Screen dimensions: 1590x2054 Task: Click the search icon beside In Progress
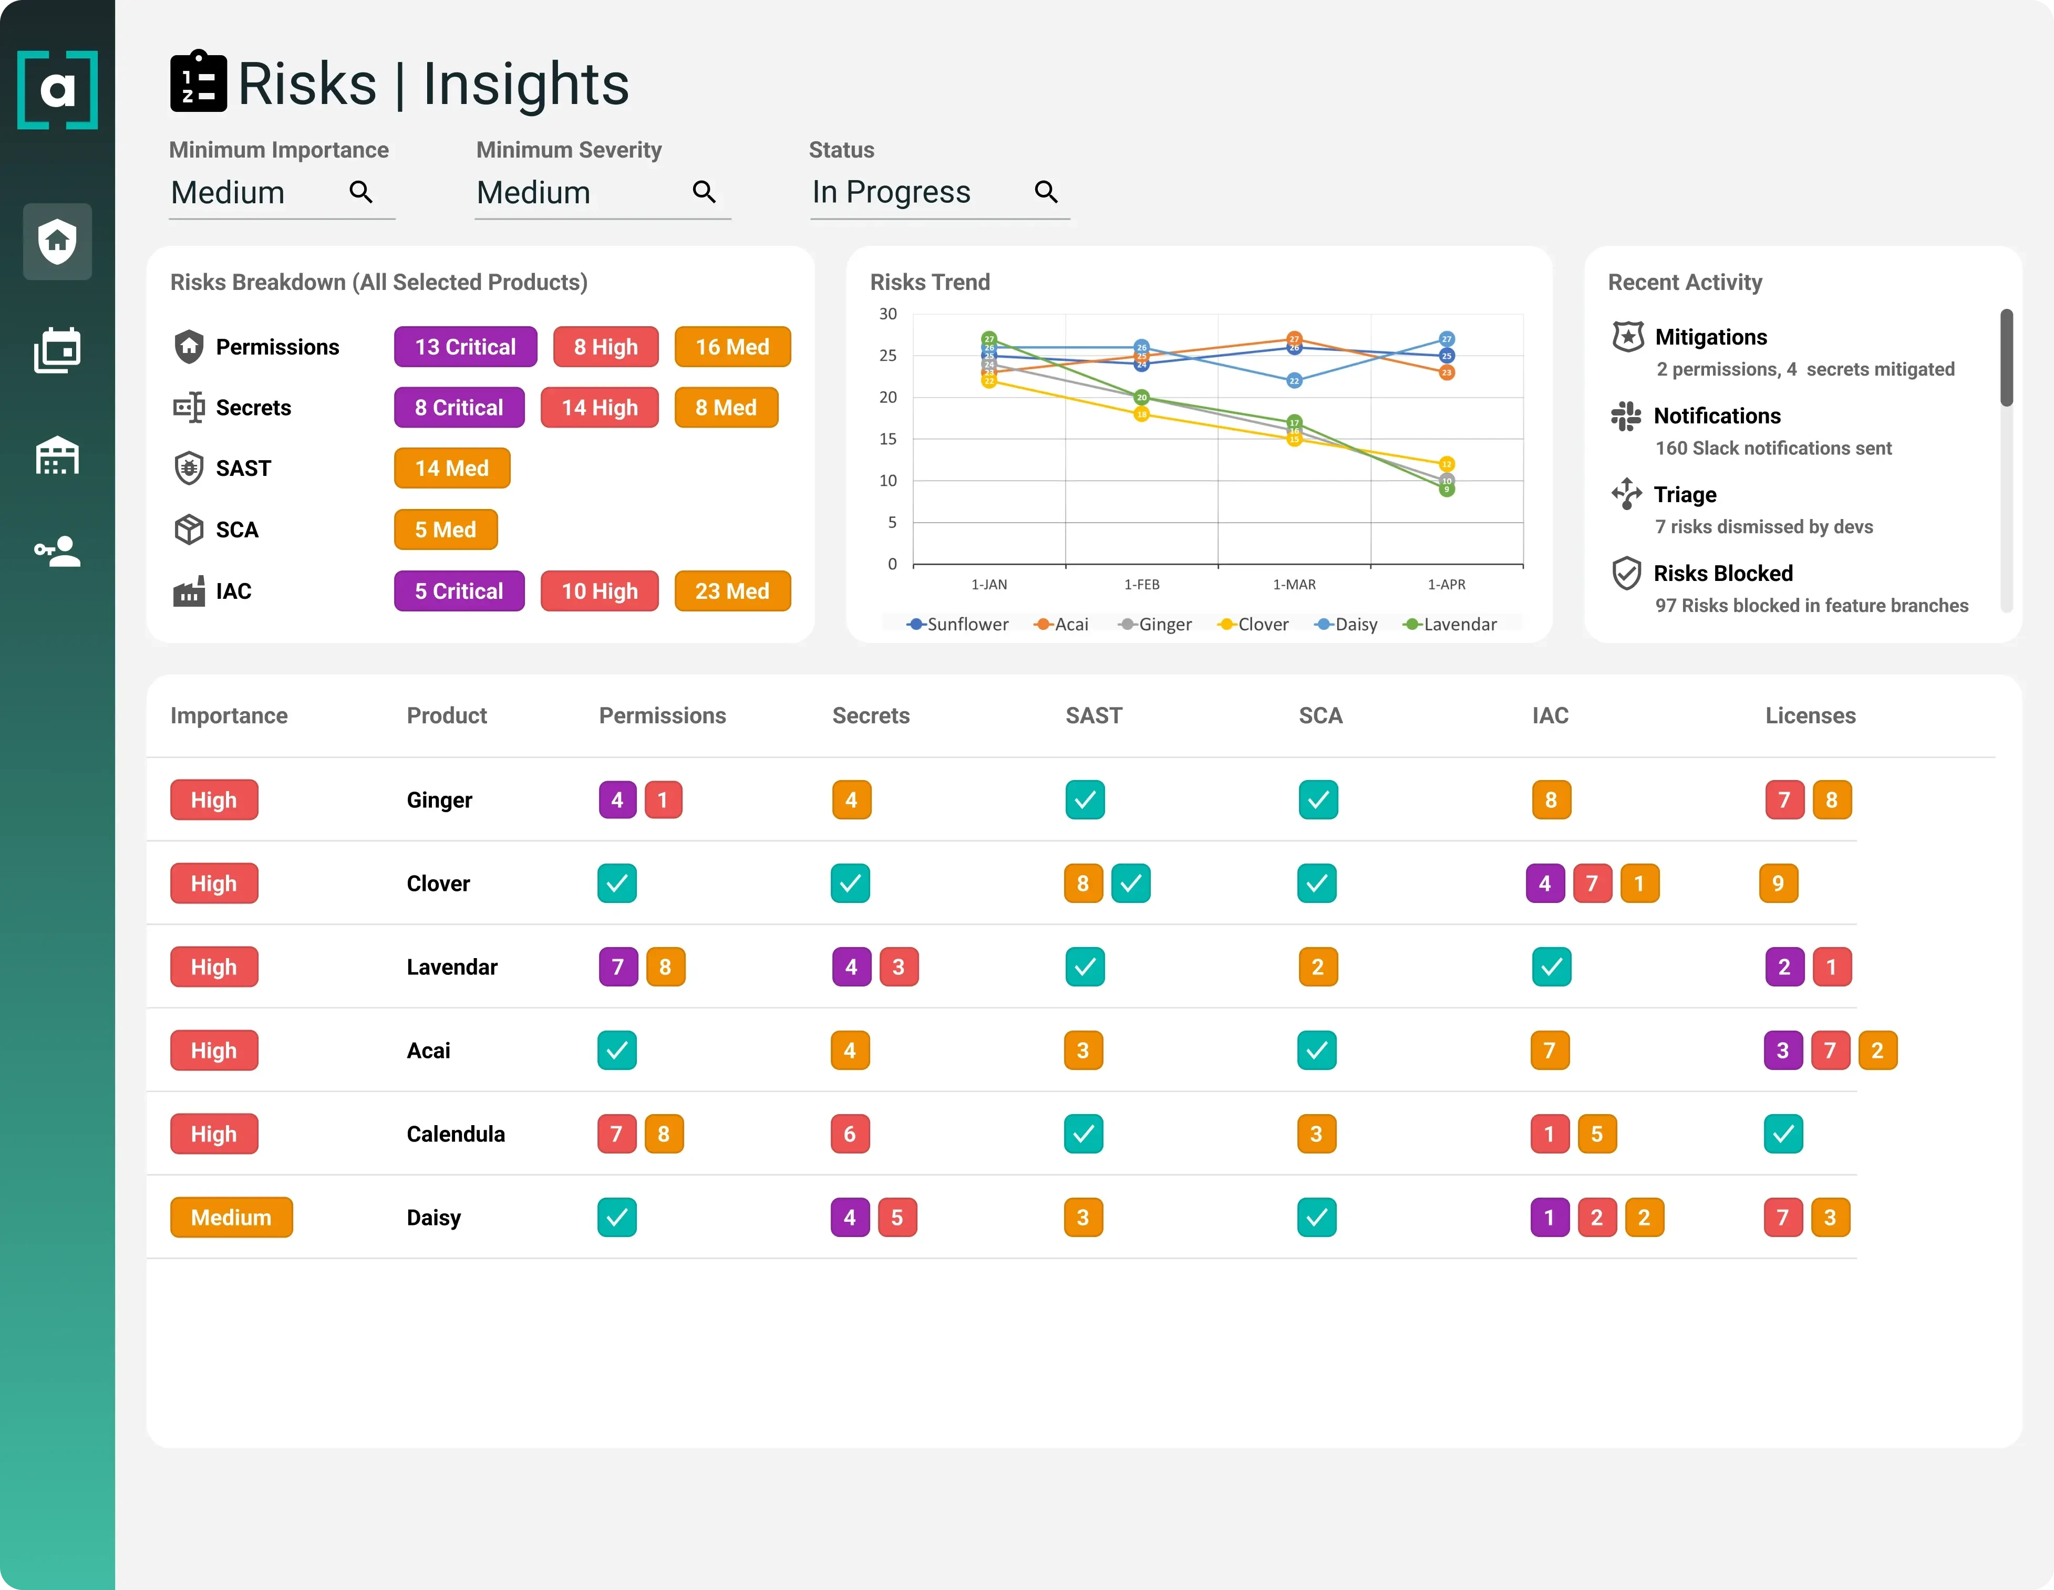pos(1046,192)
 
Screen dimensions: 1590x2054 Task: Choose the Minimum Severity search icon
pos(704,192)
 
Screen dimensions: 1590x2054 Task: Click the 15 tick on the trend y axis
pos(888,439)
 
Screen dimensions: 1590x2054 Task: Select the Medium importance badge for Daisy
pos(231,1218)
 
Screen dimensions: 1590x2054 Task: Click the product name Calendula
pos(455,1134)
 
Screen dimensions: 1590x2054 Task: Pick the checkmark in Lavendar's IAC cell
pos(1551,967)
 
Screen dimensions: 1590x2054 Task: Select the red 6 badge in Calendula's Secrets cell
pos(849,1134)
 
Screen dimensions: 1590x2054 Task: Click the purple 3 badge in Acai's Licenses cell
pos(1782,1051)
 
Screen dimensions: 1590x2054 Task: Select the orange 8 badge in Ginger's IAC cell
pos(1551,800)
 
